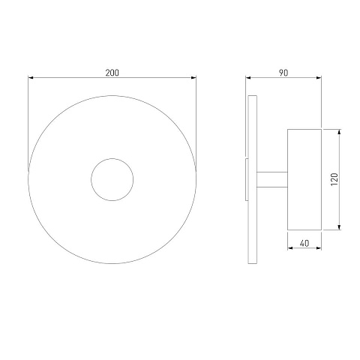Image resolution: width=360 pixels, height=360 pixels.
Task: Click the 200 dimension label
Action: [x=112, y=73]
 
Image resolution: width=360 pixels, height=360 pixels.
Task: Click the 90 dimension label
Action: [x=283, y=73]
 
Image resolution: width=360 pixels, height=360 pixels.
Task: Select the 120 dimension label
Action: [x=334, y=179]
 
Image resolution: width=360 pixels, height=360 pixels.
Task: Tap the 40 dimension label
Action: [x=304, y=243]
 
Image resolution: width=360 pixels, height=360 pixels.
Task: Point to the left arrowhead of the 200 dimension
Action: [x=31, y=78]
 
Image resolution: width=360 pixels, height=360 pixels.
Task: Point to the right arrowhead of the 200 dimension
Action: [x=193, y=78]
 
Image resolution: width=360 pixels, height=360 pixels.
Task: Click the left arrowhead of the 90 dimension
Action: [x=248, y=78]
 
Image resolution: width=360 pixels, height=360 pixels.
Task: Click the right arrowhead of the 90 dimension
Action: [x=319, y=78]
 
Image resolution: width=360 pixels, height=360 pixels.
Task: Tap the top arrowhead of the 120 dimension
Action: [x=339, y=132]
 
